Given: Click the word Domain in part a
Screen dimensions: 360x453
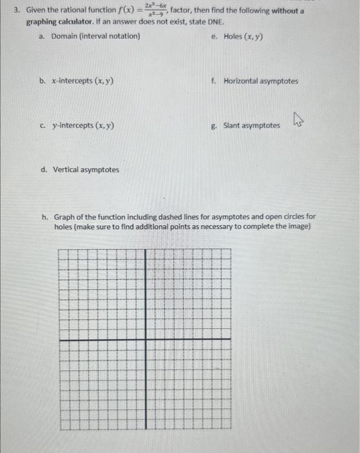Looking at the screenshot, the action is click(x=64, y=36).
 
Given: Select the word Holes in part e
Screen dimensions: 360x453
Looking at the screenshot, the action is click(x=232, y=36).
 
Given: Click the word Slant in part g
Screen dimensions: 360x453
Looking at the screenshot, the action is click(x=234, y=126).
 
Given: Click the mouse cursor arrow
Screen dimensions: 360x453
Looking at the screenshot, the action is click(x=298, y=119).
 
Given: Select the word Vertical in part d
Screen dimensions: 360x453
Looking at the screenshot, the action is click(x=67, y=170).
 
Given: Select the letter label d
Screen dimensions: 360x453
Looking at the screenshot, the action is click(x=43, y=170).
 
